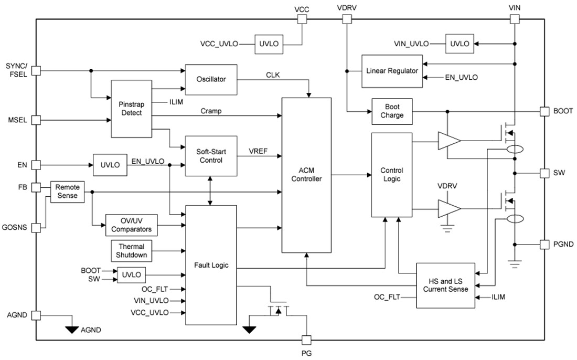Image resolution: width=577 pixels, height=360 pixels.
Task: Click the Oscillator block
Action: [211, 79]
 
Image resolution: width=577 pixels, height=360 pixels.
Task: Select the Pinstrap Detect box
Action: [131, 109]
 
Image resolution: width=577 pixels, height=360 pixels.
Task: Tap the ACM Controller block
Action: [307, 174]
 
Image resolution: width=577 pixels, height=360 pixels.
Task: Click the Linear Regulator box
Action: [392, 71]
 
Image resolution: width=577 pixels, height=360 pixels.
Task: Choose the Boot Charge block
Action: [392, 111]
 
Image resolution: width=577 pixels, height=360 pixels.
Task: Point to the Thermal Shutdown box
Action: [131, 251]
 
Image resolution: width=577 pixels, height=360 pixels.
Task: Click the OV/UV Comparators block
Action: [131, 225]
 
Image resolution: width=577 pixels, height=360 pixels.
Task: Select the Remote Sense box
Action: [67, 192]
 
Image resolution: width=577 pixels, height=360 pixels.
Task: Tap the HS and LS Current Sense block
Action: [445, 285]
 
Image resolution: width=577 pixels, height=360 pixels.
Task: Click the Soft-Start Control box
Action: [211, 155]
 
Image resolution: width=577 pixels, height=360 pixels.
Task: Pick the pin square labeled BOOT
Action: [544, 111]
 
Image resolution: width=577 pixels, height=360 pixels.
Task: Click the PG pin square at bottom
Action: [307, 340]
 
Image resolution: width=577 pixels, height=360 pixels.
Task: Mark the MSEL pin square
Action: [36, 120]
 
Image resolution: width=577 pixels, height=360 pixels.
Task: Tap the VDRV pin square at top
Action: [347, 19]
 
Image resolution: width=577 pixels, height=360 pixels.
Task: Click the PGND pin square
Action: [544, 244]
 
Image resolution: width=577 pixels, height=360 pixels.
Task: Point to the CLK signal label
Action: [273, 75]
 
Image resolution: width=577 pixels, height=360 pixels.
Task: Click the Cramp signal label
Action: [211, 111]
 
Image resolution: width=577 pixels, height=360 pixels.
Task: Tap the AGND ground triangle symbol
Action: [70, 330]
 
